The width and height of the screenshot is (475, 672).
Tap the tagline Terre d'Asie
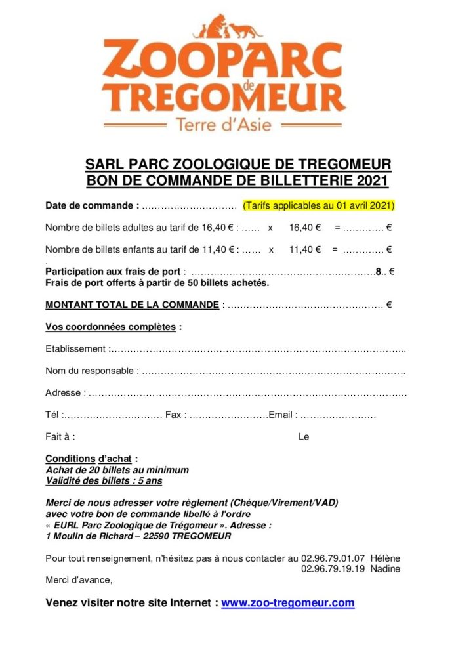[224, 123]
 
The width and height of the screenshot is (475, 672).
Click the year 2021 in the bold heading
[374, 179]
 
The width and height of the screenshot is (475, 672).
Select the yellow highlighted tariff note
[318, 205]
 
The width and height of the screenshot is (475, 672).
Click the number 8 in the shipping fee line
[379, 270]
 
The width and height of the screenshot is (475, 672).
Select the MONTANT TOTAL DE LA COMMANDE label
[132, 304]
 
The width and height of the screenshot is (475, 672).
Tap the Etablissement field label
[75, 348]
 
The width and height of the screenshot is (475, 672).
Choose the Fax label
[175, 415]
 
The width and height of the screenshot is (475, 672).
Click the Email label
[283, 415]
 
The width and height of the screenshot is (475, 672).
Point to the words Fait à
[60, 436]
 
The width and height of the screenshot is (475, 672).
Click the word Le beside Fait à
[304, 436]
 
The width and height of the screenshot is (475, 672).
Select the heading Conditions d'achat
[91, 458]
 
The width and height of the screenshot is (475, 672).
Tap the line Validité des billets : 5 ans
[103, 480]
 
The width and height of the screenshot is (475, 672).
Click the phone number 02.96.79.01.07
[333, 558]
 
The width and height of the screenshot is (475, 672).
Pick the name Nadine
[385, 568]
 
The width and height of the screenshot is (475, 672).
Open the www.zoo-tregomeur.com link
[287, 603]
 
